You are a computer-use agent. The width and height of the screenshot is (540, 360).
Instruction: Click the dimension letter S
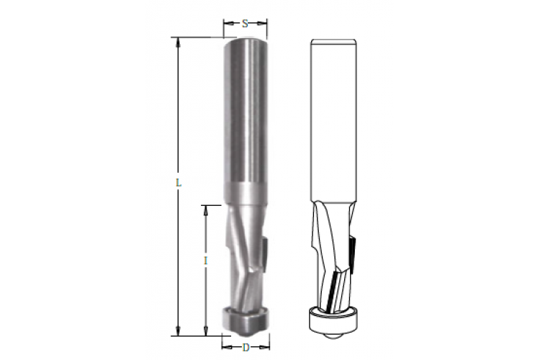point(245,24)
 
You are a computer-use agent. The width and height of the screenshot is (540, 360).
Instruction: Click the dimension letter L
point(179,183)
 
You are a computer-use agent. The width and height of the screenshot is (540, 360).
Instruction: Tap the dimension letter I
point(206,261)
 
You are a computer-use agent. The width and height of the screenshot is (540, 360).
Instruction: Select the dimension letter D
point(246,348)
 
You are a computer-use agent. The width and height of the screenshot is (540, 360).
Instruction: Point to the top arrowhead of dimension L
point(178,42)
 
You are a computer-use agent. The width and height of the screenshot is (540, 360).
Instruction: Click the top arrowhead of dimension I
point(206,210)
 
